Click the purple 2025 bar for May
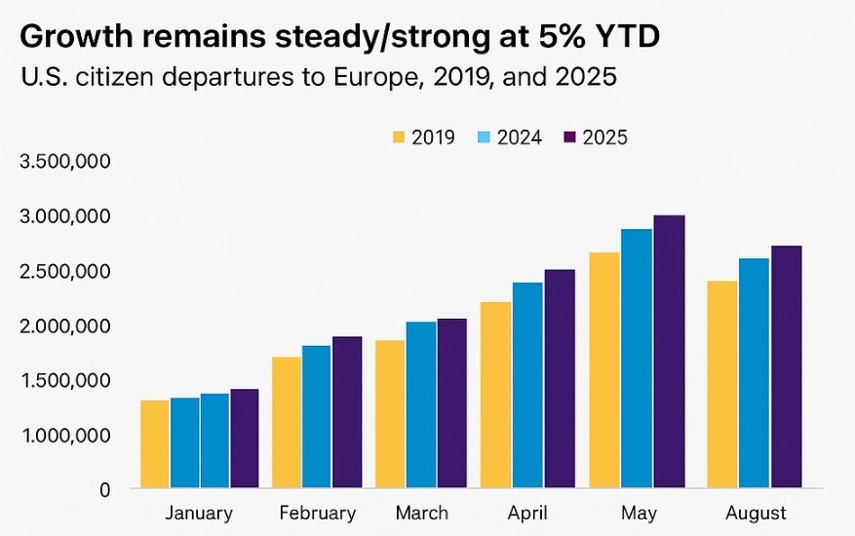(669, 352)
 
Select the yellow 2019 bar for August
(722, 384)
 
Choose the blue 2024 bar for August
(754, 372)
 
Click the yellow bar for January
(155, 443)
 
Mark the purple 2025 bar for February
(348, 411)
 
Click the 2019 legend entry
(423, 137)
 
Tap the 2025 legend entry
(594, 137)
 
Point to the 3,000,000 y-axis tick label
(64, 215)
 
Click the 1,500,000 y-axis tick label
(64, 380)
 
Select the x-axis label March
(422, 513)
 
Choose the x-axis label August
(756, 513)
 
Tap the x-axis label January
(199, 513)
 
